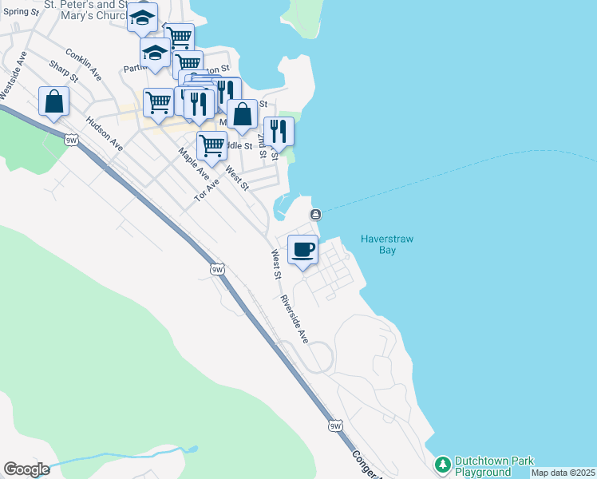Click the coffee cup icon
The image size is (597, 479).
pos(302,250)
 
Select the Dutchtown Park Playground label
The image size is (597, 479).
pos(482,466)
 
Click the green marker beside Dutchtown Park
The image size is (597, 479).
pos(442,464)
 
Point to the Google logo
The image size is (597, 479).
pos(26,469)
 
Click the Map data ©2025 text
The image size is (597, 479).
pos(563,473)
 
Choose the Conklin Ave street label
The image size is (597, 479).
pos(84,65)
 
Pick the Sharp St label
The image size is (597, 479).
pos(63,72)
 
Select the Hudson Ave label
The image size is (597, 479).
pos(104,134)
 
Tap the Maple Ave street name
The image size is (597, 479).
pos(192,164)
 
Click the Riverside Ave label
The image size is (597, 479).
pos(294,320)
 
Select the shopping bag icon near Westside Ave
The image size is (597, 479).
pos(53,101)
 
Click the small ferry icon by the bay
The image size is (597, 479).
pos(316,214)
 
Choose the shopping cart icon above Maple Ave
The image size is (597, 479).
pos(212,145)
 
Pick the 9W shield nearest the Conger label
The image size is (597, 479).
pos(336,426)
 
